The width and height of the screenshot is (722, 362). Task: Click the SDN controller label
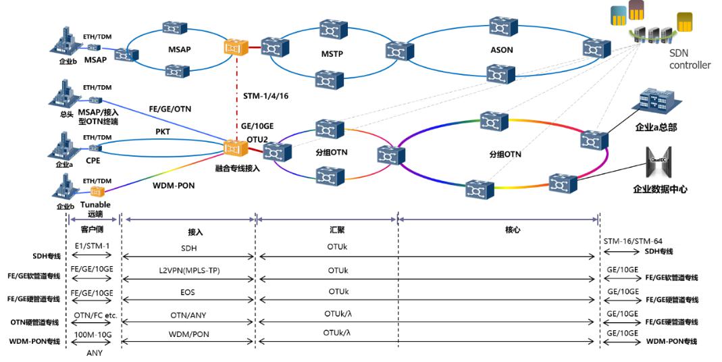pyautogui.click(x=689, y=59)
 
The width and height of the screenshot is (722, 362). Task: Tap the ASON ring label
pyautogui.click(x=501, y=49)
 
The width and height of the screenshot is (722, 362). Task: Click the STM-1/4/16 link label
pyautogui.click(x=265, y=97)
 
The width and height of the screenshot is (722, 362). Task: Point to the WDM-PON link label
pyautogui.click(x=175, y=184)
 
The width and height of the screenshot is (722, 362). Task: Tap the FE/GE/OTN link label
pyautogui.click(x=170, y=107)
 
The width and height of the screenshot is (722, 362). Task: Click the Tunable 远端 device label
pyautogui.click(x=95, y=209)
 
